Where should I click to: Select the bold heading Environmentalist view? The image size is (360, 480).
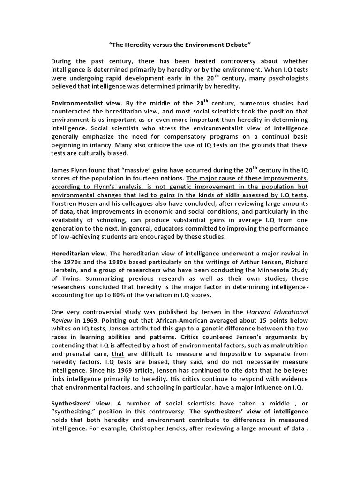coord(86,103)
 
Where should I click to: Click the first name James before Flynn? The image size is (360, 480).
coord(61,171)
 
